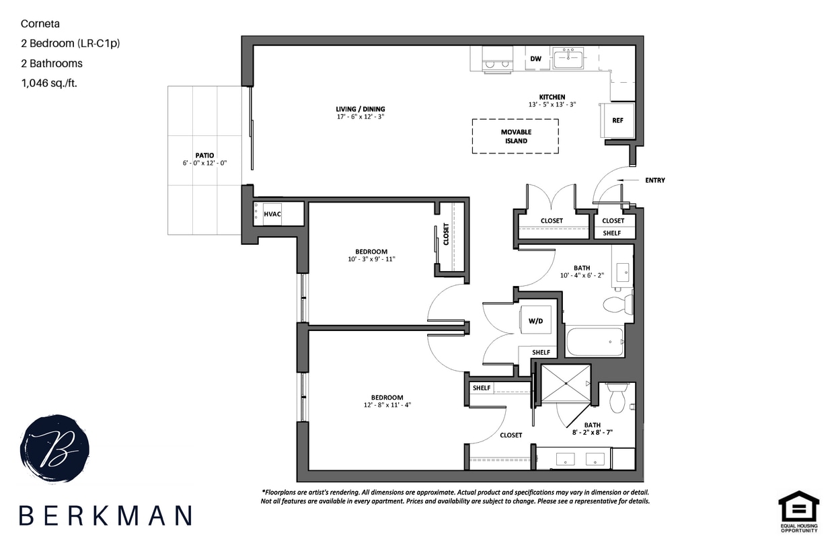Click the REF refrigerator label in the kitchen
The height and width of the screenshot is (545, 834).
click(617, 120)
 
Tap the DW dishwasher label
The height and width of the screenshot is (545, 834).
click(535, 59)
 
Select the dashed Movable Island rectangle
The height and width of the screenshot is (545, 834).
click(515, 137)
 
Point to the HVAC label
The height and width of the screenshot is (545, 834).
click(272, 213)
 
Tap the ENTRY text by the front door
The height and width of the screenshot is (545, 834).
click(654, 180)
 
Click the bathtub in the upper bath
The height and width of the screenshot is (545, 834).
click(595, 341)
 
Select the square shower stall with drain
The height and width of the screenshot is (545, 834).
click(566, 384)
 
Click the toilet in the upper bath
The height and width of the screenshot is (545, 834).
click(617, 304)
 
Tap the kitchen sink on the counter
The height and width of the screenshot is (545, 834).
click(568, 58)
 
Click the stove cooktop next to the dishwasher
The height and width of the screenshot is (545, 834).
click(496, 59)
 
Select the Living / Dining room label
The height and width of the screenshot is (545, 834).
click(361, 109)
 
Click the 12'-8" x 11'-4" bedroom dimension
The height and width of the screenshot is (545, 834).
click(387, 405)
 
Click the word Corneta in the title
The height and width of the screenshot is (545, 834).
click(40, 24)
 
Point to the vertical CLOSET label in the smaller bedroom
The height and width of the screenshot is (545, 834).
click(446, 235)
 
